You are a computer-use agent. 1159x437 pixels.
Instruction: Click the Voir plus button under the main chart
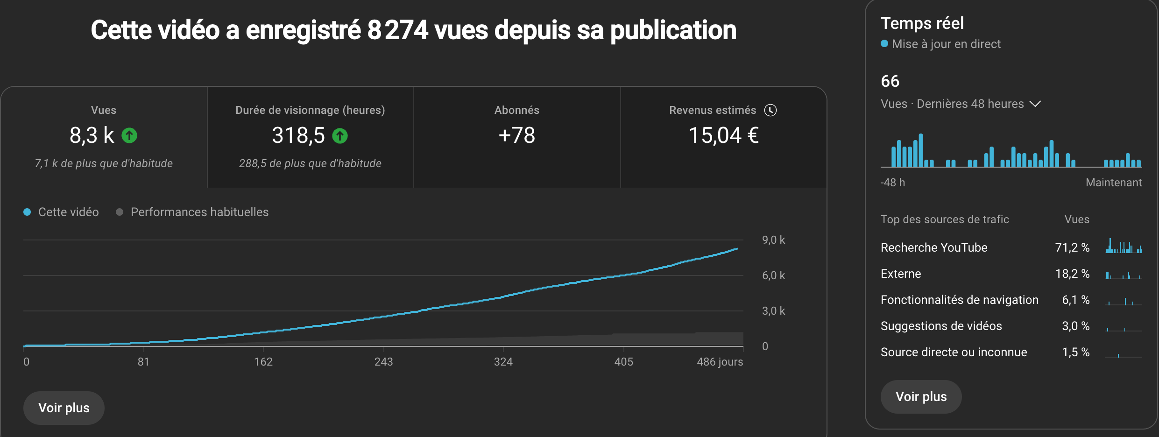coord(64,408)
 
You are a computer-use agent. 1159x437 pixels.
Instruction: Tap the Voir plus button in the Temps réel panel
coord(921,396)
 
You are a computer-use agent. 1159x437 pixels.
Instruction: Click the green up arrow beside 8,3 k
coord(129,135)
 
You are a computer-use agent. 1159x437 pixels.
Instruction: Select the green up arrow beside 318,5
coord(340,136)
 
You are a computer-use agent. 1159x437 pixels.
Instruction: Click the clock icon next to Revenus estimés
coord(770,110)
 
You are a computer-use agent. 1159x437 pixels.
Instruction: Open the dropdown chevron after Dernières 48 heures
coord(1035,104)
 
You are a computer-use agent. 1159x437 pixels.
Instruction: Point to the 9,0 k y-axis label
coord(773,240)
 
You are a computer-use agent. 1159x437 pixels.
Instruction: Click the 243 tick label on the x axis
coord(383,362)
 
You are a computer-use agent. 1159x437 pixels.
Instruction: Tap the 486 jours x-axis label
coord(720,362)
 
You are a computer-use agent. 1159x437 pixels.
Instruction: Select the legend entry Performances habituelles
coord(199,212)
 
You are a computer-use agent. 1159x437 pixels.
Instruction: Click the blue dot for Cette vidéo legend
coord(28,212)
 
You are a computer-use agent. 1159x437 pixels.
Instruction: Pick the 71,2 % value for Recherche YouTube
coord(1072,247)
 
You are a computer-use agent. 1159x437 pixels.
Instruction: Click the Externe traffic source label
coord(901,274)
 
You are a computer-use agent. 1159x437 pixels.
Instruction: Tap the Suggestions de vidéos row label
coord(941,326)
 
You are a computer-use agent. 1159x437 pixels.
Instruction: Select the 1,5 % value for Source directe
coord(1075,352)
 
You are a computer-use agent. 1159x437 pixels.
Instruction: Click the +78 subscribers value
coord(517,135)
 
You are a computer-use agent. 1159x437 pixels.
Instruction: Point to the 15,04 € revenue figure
coord(723,135)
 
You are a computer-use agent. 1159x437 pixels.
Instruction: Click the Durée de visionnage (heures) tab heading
coord(310,110)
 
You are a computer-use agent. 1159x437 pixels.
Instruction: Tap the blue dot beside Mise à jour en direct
coord(884,44)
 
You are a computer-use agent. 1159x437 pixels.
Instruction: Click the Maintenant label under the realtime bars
coord(1113,183)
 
